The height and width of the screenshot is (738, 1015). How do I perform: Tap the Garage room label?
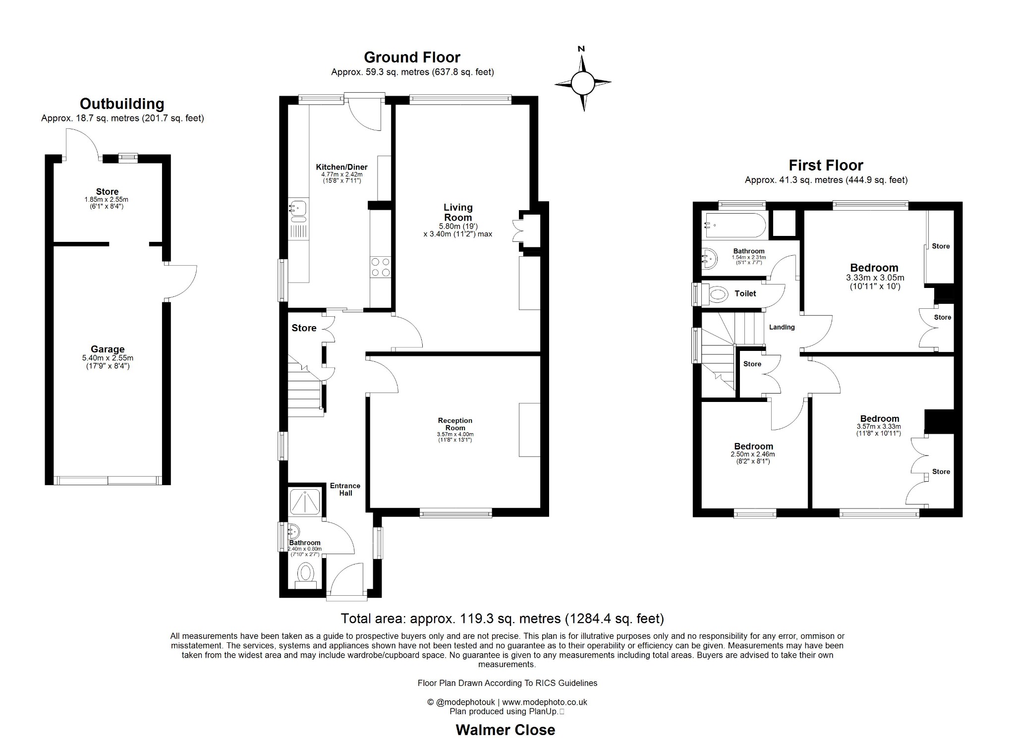click(108, 349)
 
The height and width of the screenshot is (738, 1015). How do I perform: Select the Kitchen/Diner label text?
click(341, 167)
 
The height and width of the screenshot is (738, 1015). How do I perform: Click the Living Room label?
click(458, 212)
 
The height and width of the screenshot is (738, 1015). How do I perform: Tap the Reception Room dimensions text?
click(455, 437)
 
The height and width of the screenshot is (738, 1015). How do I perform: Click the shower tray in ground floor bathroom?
click(305, 502)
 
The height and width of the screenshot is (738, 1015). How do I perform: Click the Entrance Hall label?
click(345, 489)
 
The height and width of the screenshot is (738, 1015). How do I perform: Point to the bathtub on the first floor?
click(733, 225)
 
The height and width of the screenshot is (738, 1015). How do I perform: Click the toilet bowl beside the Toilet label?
click(717, 294)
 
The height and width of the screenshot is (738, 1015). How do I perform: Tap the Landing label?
click(782, 327)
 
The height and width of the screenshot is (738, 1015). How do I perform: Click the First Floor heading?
click(826, 165)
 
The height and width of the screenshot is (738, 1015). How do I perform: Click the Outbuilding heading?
click(122, 104)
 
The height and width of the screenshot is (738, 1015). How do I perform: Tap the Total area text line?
click(502, 619)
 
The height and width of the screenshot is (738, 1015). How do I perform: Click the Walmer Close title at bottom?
click(505, 730)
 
